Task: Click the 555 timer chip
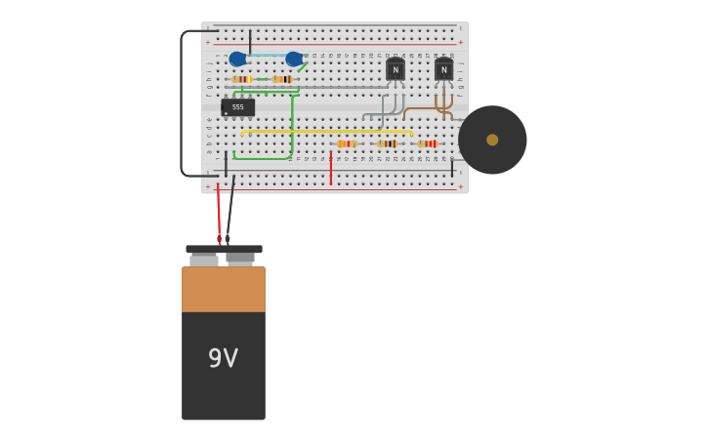[x=237, y=107]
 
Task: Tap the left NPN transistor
[x=396, y=69]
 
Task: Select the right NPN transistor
[x=443, y=69]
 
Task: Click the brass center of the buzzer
[x=492, y=140]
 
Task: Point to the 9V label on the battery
[x=223, y=358]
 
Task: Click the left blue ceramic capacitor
[x=237, y=59]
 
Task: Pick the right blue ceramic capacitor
[x=294, y=59]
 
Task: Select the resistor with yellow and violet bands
[x=241, y=79]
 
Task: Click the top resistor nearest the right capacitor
[x=282, y=79]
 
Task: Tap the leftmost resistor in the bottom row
[x=347, y=143]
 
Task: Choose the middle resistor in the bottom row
[x=387, y=143]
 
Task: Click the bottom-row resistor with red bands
[x=428, y=143]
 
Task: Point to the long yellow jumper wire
[x=327, y=131]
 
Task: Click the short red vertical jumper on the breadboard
[x=330, y=168]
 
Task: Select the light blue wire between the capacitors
[x=266, y=56]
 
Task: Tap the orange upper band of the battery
[x=223, y=289]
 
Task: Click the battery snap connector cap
[x=224, y=250]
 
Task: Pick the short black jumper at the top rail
[x=250, y=42]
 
